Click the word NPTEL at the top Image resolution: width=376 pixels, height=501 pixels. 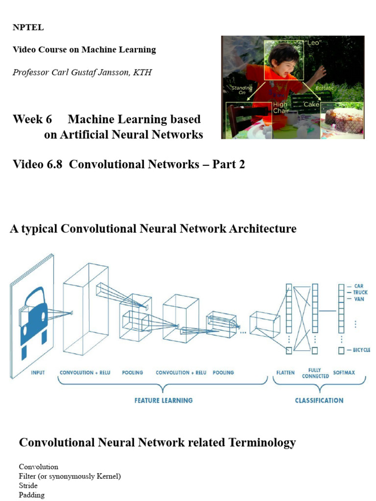pos(28,28)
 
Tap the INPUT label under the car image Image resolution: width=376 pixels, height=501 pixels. pos(38,373)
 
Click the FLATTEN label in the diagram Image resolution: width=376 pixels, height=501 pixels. pos(285,373)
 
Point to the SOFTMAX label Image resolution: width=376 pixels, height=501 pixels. pos(344,373)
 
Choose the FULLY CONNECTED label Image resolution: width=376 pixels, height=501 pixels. pos(315,373)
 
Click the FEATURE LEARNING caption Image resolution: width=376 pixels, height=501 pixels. pos(164,400)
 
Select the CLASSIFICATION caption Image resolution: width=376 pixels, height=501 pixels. pos(319,400)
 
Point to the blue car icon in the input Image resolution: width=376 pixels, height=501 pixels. pos(34,313)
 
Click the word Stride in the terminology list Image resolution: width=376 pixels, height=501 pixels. pos(28,486)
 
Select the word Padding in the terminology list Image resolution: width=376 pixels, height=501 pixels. pos(31,495)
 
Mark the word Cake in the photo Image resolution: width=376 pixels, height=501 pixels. pos(311,105)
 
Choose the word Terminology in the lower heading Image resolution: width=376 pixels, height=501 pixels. pos(261,443)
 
